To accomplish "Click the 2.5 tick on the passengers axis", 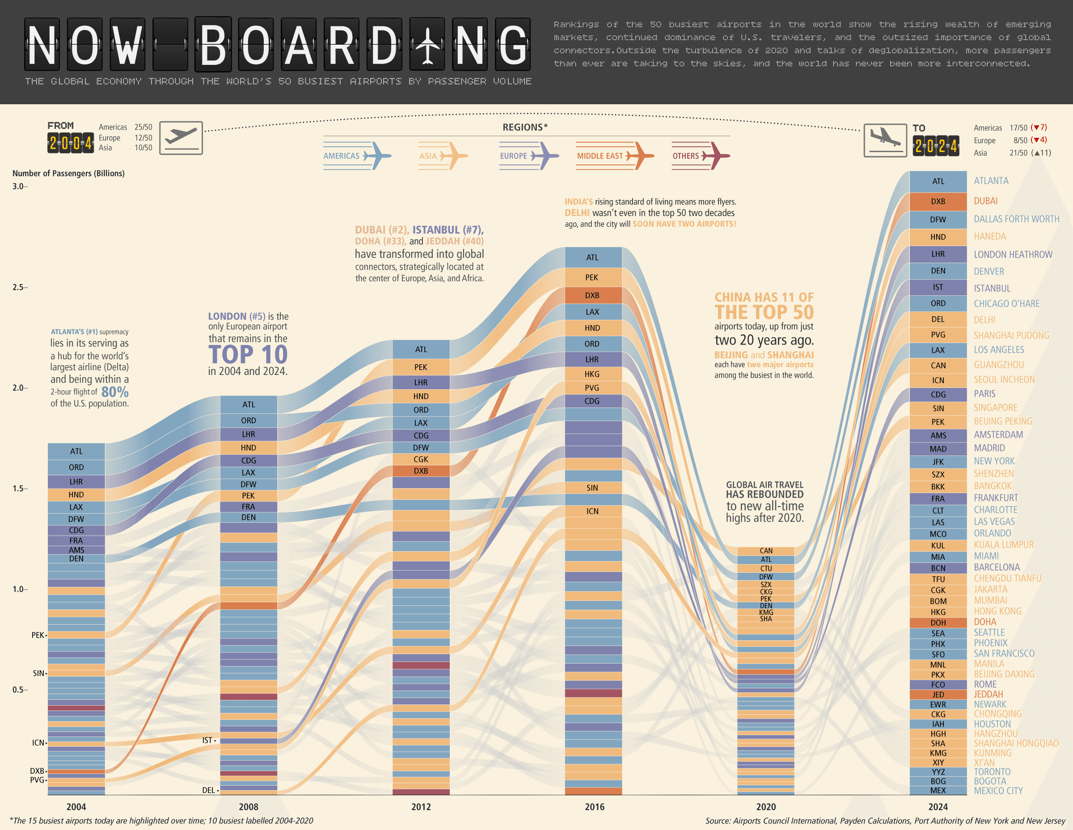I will [18, 287].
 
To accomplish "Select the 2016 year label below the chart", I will [595, 806].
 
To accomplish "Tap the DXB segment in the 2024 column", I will [938, 201].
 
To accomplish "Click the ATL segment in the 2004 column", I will [76, 451].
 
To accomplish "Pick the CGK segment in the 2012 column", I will [421, 459].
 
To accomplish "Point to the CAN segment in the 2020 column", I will [766, 551].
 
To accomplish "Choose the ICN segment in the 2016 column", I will [592, 511].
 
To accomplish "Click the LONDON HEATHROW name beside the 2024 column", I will [1013, 254].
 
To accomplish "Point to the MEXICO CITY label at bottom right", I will [998, 791].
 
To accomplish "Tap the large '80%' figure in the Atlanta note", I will [115, 392].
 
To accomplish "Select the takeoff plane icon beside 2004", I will [181, 138].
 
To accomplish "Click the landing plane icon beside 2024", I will [885, 140].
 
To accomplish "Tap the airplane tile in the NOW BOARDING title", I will [427, 45].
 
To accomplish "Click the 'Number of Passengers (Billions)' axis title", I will [68, 173].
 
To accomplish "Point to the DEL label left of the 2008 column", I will [208, 790].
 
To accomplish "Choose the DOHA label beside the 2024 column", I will [985, 621].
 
